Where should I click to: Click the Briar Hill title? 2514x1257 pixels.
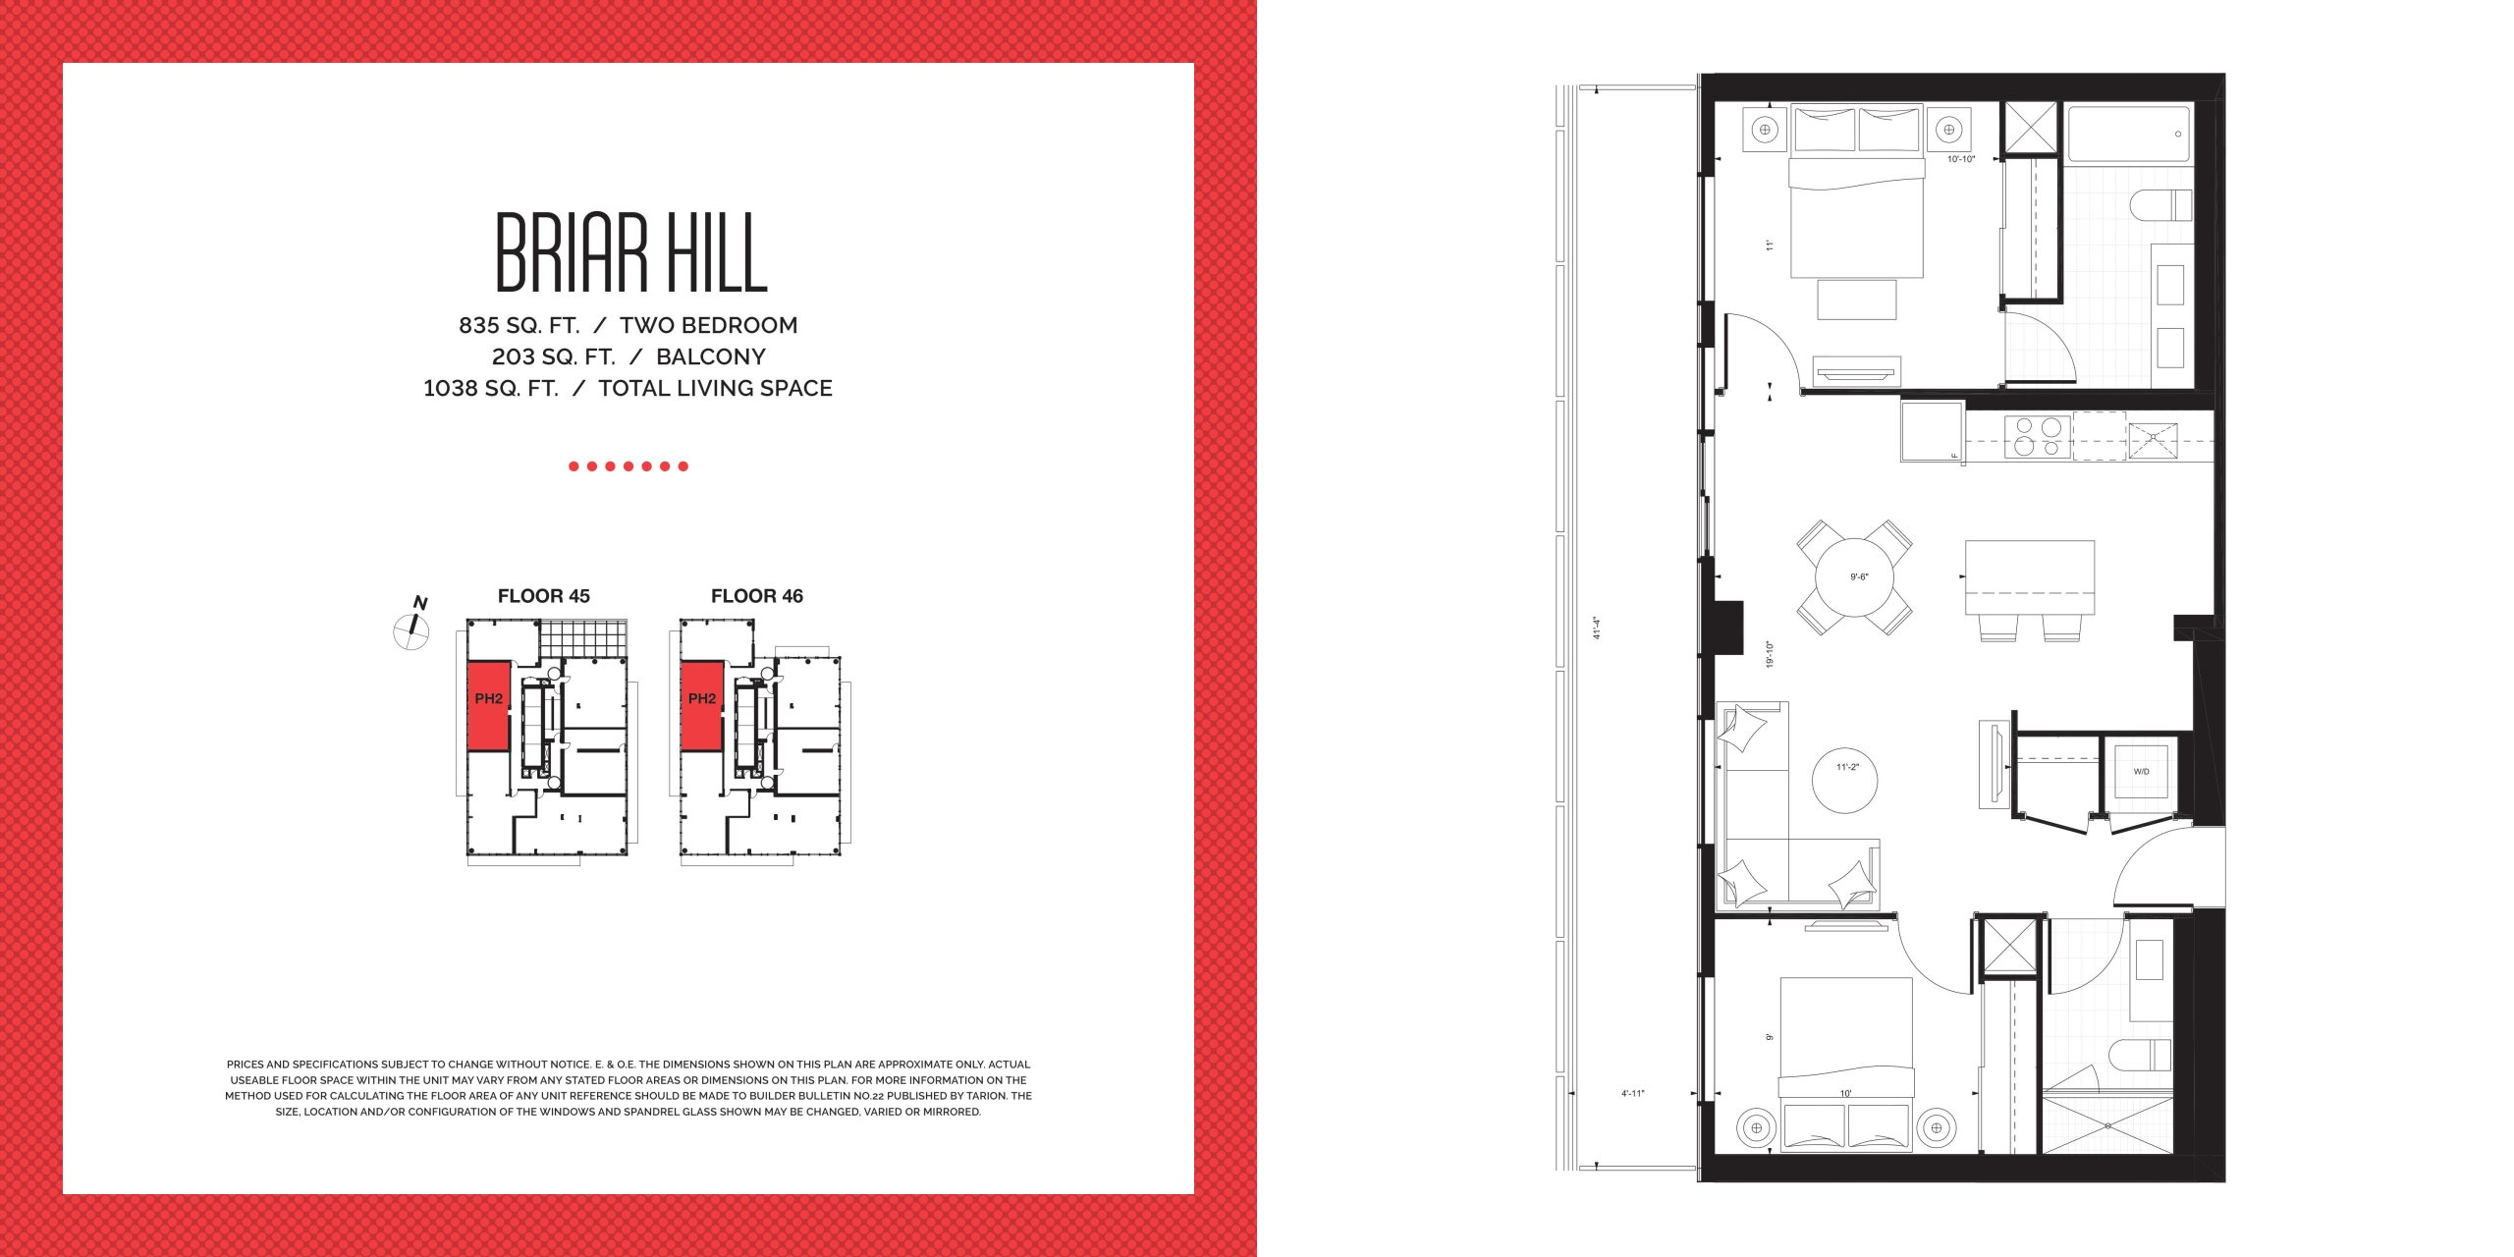point(630,252)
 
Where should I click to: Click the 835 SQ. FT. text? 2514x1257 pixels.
point(519,325)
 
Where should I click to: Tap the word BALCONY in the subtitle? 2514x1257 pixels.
point(711,356)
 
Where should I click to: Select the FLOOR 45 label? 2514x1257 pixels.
point(544,596)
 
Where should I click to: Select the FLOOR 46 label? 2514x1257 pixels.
point(757,596)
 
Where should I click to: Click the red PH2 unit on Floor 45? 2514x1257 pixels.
point(489,706)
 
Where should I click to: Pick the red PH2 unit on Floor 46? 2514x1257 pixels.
point(702,706)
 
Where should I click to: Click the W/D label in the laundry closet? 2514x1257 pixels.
point(2141,772)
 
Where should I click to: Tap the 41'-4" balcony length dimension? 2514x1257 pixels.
point(1597,628)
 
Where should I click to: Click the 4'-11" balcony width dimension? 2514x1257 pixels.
point(1632,1093)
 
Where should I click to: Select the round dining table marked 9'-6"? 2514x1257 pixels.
point(1855,576)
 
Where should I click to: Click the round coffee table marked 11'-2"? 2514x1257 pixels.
point(1844,781)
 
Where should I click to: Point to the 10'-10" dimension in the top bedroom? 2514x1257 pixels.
point(1961,159)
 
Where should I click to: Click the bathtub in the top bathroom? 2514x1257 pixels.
point(2129,135)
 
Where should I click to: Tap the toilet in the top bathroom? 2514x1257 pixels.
point(2160,206)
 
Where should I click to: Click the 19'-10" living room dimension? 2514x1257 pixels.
point(1770,654)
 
